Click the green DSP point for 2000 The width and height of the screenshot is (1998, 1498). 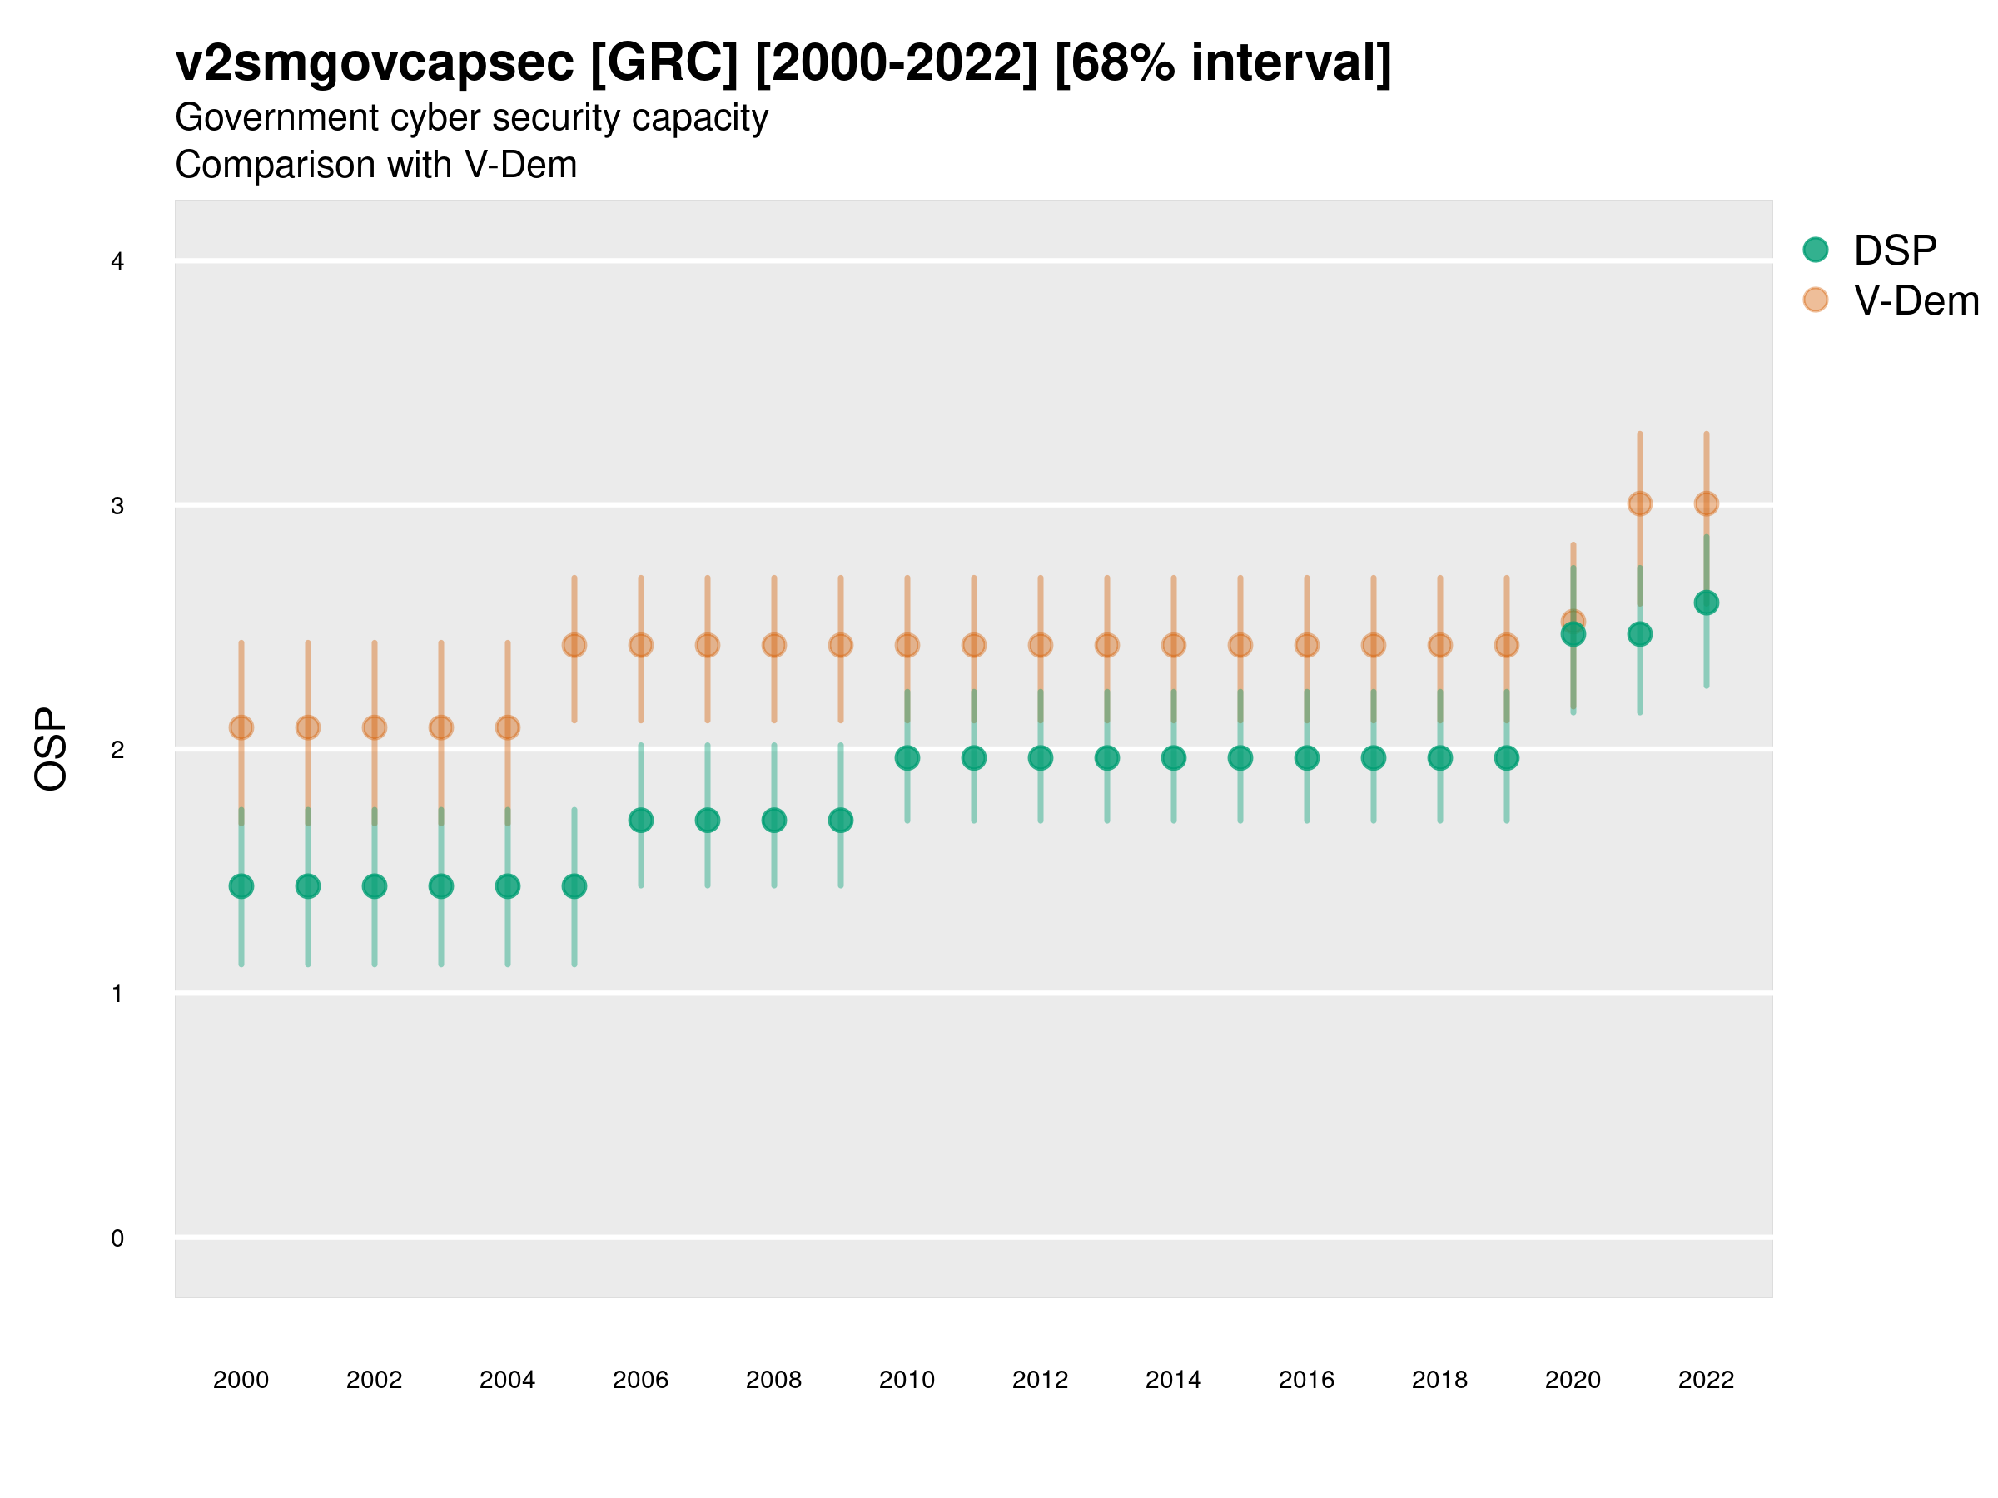(241, 886)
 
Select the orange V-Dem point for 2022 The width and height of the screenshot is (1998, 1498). (1707, 503)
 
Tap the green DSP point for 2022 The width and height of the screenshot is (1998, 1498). (1707, 603)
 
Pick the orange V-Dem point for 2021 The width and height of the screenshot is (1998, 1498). (1639, 503)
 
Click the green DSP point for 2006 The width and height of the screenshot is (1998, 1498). (640, 820)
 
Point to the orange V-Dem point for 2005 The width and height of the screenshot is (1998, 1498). (574, 646)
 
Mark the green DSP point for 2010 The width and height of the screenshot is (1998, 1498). (907, 758)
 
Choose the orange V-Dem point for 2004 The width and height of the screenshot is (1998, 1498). (508, 727)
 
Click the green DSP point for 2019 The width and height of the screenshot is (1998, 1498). (1507, 758)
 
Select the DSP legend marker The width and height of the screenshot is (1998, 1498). (1815, 250)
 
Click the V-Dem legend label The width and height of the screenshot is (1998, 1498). (1916, 300)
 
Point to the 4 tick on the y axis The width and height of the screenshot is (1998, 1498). (117, 262)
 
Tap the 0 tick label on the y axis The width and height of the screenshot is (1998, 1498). (117, 1238)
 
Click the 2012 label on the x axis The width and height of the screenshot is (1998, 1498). (1040, 1380)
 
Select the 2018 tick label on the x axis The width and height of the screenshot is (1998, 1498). (1439, 1380)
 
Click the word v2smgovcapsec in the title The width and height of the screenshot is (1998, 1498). (375, 63)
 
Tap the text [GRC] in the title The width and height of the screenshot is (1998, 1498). (664, 63)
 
